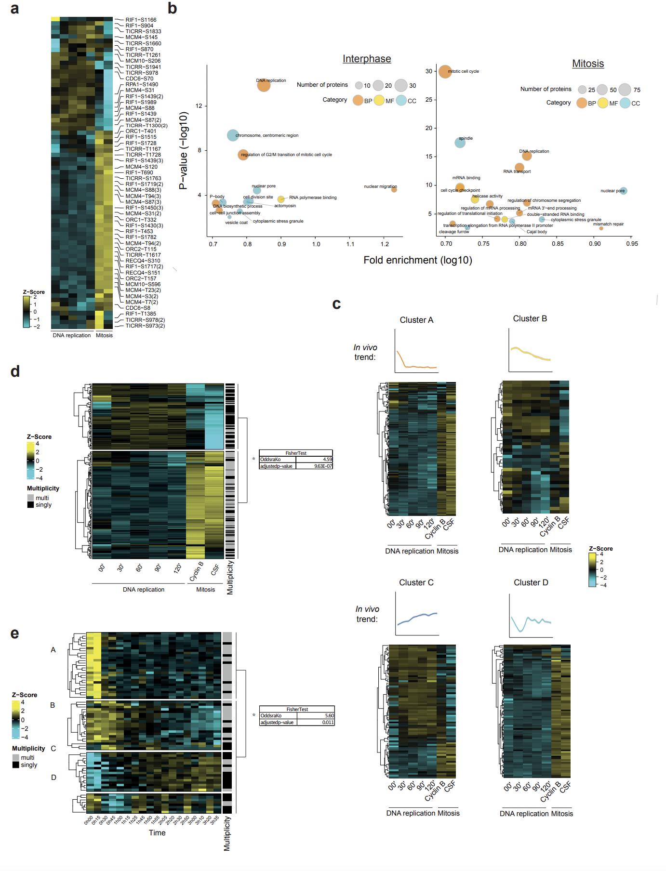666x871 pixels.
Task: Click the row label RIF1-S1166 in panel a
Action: [141, 20]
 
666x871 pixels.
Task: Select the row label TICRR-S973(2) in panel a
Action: [145, 326]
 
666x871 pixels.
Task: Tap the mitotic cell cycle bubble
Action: [445, 71]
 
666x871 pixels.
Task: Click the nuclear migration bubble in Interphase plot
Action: [394, 190]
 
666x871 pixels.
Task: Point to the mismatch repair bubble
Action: [601, 228]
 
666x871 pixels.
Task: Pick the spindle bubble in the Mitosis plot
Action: [460, 142]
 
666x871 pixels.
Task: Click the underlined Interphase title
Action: [367, 59]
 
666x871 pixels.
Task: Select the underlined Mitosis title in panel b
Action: [588, 64]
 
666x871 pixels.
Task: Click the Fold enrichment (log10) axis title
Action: [417, 261]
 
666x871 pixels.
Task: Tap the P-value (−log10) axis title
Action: [184, 151]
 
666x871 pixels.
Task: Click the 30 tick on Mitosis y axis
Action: [429, 71]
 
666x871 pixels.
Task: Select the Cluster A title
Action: [416, 320]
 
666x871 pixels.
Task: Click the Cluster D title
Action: [531, 582]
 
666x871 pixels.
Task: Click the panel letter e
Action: [15, 633]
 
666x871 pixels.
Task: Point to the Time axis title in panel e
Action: [157, 832]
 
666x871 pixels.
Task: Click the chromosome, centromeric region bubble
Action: [233, 135]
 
